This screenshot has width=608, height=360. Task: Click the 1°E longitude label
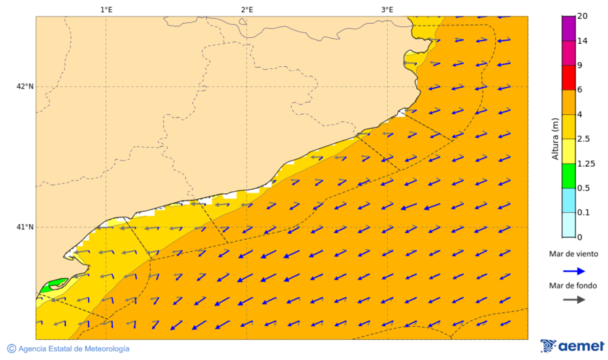click(x=106, y=9)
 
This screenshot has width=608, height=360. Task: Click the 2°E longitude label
click(x=247, y=9)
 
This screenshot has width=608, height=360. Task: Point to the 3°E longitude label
click(x=387, y=9)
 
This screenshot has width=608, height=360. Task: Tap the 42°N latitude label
click(x=25, y=86)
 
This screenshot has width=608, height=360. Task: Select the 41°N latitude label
click(x=25, y=227)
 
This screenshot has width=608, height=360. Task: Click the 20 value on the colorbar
click(x=582, y=17)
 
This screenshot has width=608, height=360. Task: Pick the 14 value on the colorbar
click(x=582, y=41)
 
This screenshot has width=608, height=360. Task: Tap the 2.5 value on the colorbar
click(x=585, y=139)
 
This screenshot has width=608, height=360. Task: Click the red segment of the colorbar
click(x=568, y=78)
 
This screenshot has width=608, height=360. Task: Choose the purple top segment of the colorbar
click(x=568, y=28)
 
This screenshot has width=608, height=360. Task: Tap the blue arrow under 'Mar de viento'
click(x=574, y=271)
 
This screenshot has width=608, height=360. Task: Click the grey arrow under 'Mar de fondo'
click(x=574, y=299)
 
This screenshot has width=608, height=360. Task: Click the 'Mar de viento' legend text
click(x=574, y=254)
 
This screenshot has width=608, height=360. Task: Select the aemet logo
click(x=572, y=346)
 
